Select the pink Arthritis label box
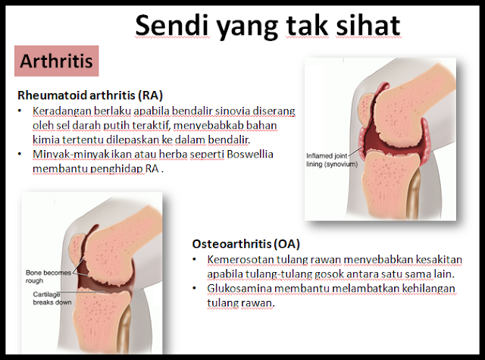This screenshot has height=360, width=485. pyautogui.click(x=57, y=61)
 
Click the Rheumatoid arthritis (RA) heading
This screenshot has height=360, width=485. pyautogui.click(x=90, y=95)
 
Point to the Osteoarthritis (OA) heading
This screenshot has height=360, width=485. pyautogui.click(x=246, y=244)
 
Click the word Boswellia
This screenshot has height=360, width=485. pyautogui.click(x=250, y=154)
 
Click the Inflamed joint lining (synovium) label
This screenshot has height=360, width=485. pyautogui.click(x=332, y=160)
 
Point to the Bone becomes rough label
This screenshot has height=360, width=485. pyautogui.click(x=48, y=277)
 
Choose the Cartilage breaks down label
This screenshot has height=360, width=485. pyautogui.click(x=52, y=298)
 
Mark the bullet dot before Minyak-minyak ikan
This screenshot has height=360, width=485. pyautogui.click(x=20, y=154)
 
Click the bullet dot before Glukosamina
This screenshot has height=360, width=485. pyautogui.click(x=194, y=288)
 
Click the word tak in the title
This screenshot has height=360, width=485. pyautogui.click(x=306, y=25)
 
